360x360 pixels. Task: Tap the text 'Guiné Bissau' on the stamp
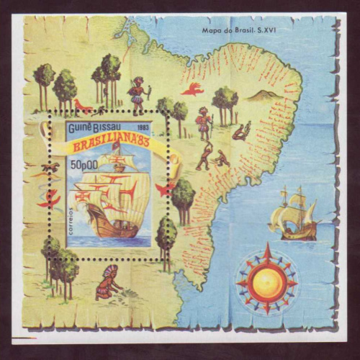coord(93,127)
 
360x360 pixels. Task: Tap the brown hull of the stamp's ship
coord(112,226)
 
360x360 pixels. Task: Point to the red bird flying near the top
coord(192,89)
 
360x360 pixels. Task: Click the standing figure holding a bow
coord(136,91)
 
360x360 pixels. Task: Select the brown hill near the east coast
coord(266,94)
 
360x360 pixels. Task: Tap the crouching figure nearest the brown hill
coord(240,132)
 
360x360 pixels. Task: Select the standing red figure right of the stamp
coord(204,122)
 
